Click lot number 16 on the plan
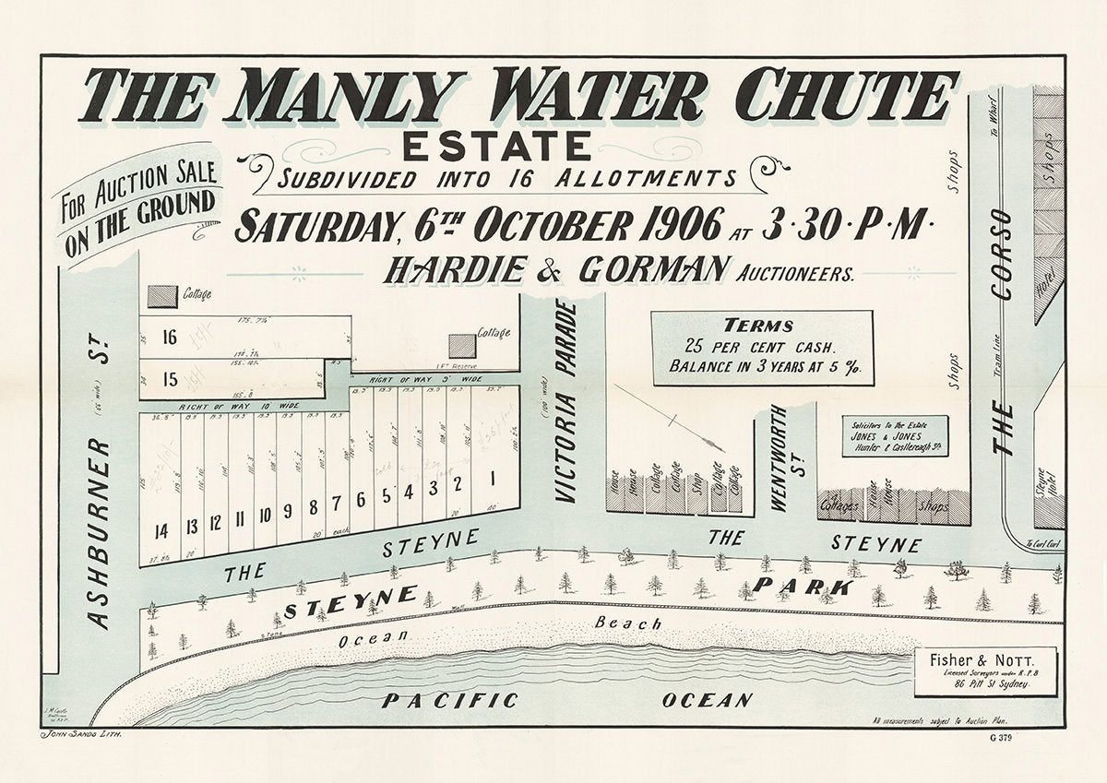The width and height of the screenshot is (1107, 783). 169,338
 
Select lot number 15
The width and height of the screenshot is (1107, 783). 169,379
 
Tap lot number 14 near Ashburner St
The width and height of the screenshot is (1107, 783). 161,530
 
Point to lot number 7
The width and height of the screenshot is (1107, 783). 337,502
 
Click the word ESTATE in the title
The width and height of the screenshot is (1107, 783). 496,147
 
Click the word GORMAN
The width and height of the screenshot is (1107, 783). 652,270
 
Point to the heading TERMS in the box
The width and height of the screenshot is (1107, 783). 759,325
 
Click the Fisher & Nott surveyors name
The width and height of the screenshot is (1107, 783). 986,660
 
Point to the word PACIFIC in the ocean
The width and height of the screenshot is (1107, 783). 450,701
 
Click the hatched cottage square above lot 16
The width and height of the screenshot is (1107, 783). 162,295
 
